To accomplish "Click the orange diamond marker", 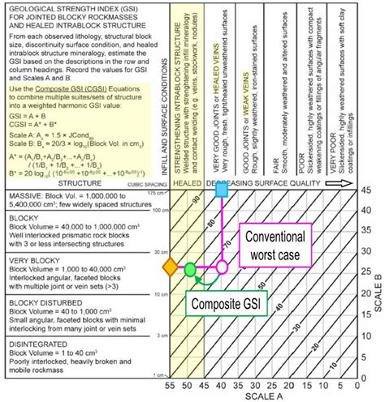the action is click(x=169, y=267).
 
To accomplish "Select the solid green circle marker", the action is click(x=189, y=268).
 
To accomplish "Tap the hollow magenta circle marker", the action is click(x=222, y=267).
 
